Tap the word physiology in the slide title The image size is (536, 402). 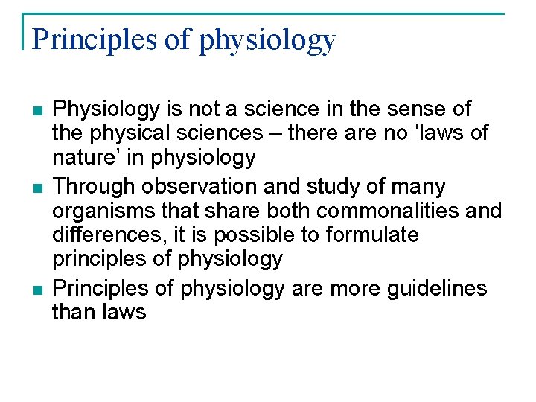click(x=268, y=40)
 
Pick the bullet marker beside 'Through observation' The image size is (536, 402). click(x=37, y=188)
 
